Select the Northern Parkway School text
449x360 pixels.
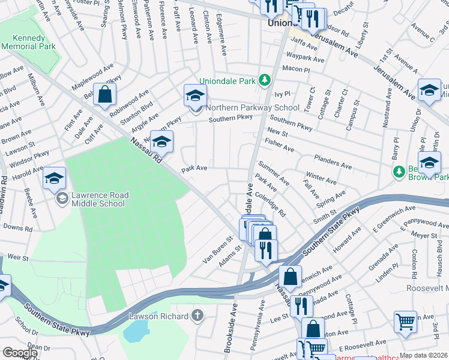click(x=252, y=108)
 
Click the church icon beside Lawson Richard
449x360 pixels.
click(x=197, y=316)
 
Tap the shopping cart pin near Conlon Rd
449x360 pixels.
click(x=406, y=322)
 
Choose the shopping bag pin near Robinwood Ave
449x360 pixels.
click(x=104, y=95)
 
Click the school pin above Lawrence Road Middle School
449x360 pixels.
click(x=54, y=178)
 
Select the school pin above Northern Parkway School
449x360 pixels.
click(x=195, y=95)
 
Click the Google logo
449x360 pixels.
click(x=20, y=353)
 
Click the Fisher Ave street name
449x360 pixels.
click(x=280, y=145)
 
